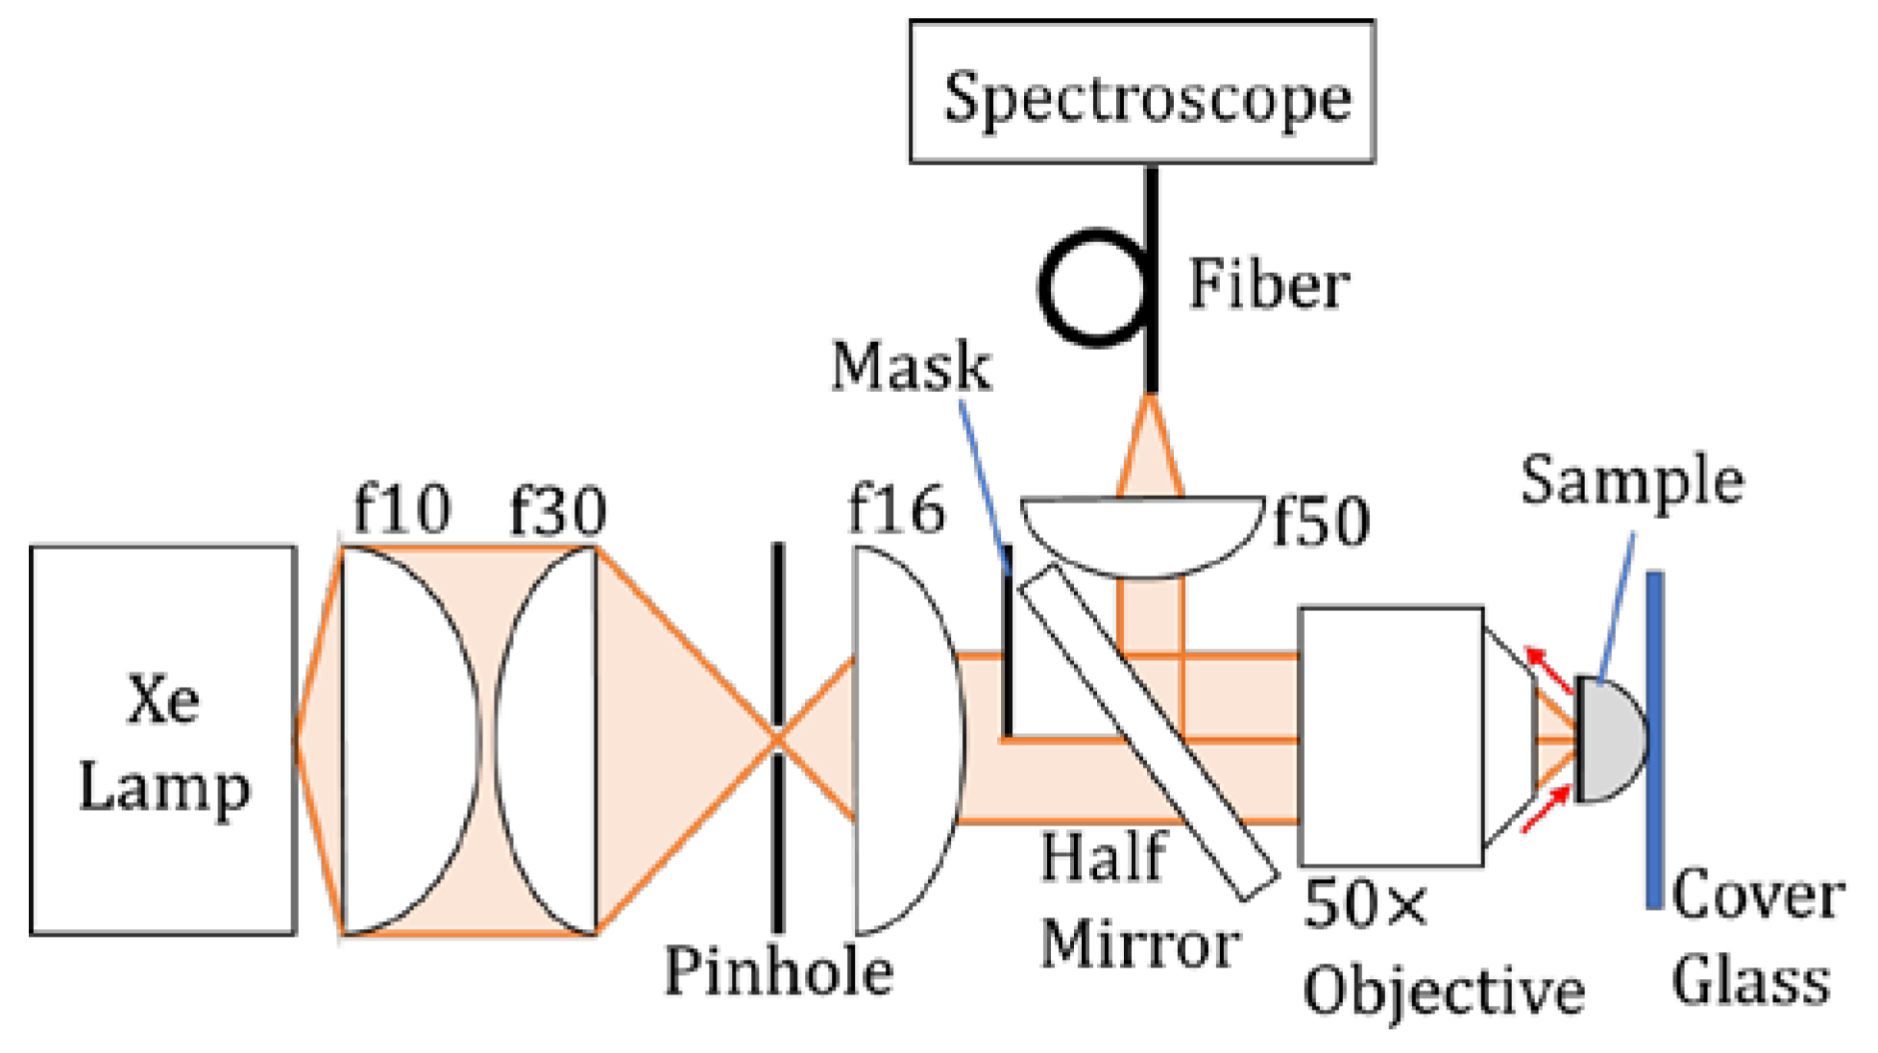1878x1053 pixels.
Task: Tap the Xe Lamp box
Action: pyautogui.click(x=162, y=740)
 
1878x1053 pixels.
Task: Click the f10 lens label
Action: pyautogui.click(x=402, y=509)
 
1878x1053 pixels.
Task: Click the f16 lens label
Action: pyautogui.click(x=896, y=510)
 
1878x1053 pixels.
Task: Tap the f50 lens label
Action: pyautogui.click(x=1321, y=523)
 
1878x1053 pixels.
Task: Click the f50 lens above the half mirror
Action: pyautogui.click(x=1142, y=534)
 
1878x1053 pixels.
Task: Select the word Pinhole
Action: pyautogui.click(x=778, y=972)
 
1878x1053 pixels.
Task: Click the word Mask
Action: pyautogui.click(x=911, y=367)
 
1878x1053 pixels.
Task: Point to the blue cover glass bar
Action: pyautogui.click(x=1654, y=740)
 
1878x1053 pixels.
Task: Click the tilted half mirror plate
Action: pyautogui.click(x=1148, y=732)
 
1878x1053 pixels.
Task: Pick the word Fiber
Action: pyautogui.click(x=1268, y=286)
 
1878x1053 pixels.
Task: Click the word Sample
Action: pyautogui.click(x=1631, y=480)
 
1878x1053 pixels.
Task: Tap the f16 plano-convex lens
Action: pyautogui.click(x=903, y=740)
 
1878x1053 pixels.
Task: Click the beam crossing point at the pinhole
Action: pyautogui.click(x=777, y=739)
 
